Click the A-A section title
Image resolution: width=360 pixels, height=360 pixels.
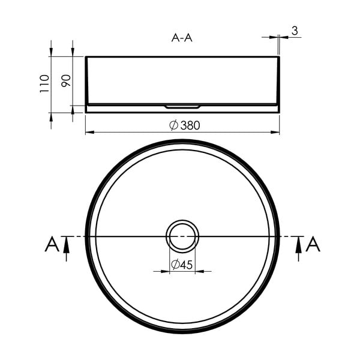point(182,38)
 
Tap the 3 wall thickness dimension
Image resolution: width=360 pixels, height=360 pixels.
point(295,30)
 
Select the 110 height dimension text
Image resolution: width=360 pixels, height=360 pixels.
point(43,84)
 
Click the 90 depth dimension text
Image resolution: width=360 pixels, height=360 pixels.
point(66,80)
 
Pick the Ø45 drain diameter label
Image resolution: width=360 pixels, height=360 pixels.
point(182,265)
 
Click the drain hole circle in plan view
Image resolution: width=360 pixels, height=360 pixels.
point(182,236)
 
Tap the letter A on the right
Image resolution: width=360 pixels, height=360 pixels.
point(313,245)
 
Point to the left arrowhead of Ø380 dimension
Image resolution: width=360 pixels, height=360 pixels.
point(89,132)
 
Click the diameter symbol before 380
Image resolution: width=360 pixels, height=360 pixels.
point(173,125)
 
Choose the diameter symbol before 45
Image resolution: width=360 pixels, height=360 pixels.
point(175,265)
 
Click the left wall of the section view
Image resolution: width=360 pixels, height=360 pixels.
point(86,81)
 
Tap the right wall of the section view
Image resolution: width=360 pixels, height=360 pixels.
point(278,81)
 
